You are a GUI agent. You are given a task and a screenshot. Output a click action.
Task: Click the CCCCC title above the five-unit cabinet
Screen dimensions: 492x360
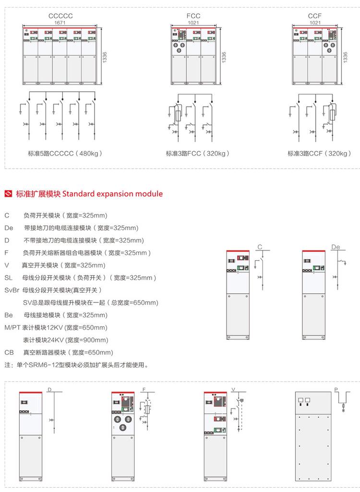[60, 16]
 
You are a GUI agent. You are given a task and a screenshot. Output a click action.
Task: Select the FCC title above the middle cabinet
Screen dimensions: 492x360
[193, 16]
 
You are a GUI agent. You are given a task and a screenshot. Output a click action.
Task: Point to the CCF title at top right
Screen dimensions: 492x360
[315, 16]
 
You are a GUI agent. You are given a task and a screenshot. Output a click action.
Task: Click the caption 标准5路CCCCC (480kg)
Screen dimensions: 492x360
[65, 154]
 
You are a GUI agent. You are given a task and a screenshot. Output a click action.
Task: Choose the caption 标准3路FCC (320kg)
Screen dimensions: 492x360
[198, 154]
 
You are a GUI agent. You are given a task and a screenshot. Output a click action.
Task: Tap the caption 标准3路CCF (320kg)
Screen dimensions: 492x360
[319, 154]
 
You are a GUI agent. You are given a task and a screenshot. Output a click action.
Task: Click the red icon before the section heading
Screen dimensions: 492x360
[8, 194]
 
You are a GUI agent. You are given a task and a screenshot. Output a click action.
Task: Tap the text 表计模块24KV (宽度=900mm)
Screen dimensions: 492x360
[65, 340]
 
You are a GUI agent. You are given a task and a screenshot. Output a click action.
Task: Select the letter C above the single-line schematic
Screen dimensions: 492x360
[260, 247]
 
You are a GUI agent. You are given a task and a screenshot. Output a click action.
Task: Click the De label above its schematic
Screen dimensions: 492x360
[336, 247]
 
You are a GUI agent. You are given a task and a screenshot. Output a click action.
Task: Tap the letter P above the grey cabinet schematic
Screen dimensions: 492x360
[336, 389]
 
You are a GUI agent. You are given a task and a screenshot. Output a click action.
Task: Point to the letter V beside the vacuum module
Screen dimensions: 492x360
[233, 389]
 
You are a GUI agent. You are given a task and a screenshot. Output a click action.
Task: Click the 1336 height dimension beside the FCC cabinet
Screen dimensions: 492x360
[224, 56]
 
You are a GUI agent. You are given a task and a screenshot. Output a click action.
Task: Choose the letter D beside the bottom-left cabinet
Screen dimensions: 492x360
[48, 389]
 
